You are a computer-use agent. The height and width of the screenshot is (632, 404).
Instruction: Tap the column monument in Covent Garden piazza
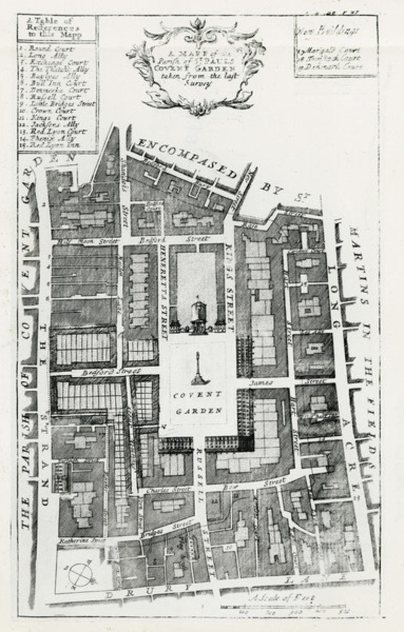[199, 369]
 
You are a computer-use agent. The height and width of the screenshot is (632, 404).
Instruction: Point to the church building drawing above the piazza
[198, 315]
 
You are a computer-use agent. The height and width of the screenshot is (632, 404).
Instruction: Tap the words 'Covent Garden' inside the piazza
[199, 403]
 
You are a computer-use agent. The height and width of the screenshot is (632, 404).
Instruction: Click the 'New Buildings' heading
[322, 30]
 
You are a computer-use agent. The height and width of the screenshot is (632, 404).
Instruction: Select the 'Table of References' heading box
[57, 28]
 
